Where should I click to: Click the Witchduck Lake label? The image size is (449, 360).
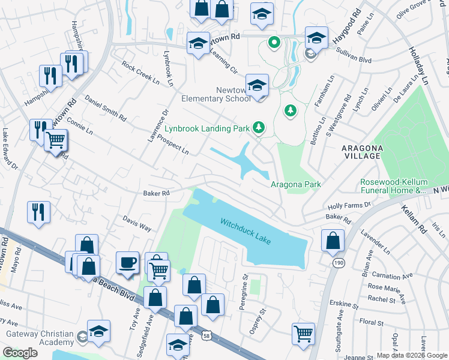(x=246, y=231)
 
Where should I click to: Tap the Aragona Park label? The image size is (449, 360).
(x=296, y=185)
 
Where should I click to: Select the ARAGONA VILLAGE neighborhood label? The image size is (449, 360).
(x=354, y=151)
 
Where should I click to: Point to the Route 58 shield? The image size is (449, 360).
(x=207, y=333)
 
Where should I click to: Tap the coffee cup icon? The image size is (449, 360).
(x=127, y=263)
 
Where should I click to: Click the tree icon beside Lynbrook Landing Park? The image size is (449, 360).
(x=259, y=127)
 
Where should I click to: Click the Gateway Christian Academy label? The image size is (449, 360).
(x=40, y=338)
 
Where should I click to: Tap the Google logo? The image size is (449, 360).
(x=20, y=353)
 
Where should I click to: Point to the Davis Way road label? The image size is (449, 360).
(x=137, y=223)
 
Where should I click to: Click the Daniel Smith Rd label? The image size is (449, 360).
(x=106, y=107)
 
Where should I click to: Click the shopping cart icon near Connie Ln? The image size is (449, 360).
(x=56, y=141)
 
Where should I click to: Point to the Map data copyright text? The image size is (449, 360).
(x=411, y=355)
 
